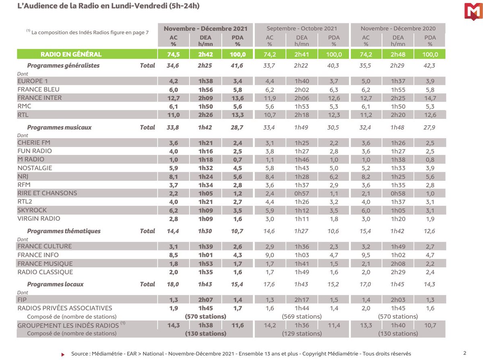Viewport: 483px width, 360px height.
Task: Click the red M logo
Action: point(473,12)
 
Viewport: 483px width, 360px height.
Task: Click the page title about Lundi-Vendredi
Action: point(108,6)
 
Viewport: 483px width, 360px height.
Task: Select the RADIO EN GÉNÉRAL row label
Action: point(71,54)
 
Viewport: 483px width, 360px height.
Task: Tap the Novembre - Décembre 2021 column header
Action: point(205,29)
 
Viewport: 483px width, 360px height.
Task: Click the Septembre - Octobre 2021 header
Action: point(301,29)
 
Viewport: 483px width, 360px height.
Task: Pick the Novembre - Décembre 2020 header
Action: point(398,29)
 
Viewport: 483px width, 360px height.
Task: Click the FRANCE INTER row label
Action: point(39,98)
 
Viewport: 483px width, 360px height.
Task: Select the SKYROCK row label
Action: point(32,210)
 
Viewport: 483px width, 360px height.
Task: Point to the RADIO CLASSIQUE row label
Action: point(45,272)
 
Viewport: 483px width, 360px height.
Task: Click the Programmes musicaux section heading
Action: point(59,128)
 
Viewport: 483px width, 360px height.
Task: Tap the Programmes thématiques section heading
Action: point(64,231)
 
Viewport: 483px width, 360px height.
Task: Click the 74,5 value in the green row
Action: point(173,54)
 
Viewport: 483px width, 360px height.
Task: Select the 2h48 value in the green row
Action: point(398,54)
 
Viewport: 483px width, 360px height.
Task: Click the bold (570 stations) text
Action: point(206,317)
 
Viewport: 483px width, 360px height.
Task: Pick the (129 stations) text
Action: point(302,334)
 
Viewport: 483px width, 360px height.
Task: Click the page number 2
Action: point(465,353)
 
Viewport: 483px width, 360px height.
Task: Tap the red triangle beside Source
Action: point(63,354)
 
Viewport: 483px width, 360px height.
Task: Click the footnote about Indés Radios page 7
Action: point(87,32)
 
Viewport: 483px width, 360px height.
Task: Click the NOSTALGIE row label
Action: point(35,168)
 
